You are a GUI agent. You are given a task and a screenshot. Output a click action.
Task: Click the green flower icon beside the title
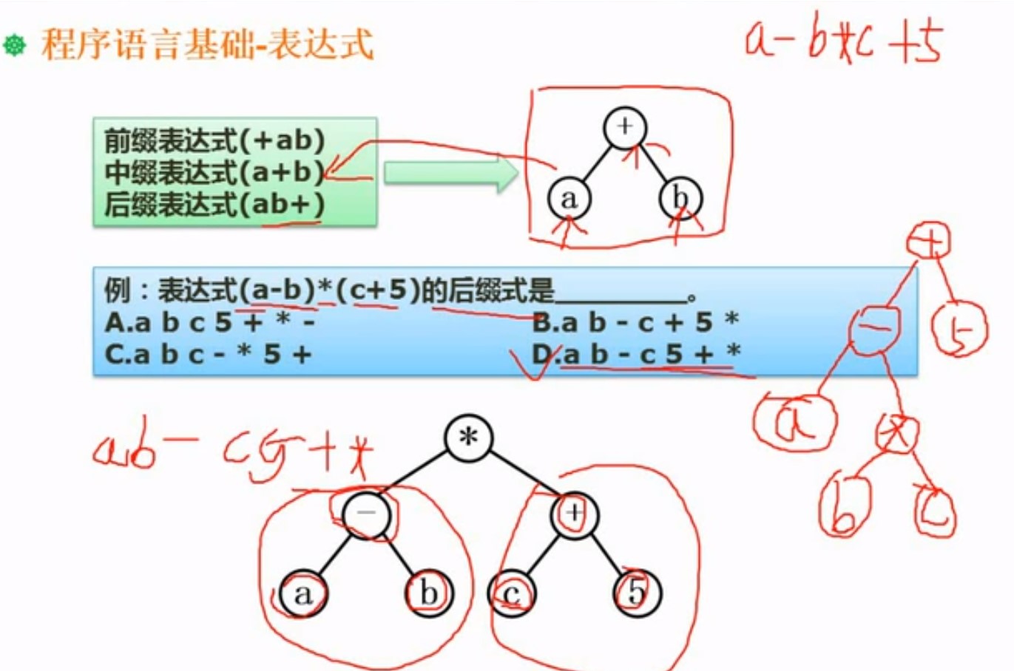pyautogui.click(x=15, y=45)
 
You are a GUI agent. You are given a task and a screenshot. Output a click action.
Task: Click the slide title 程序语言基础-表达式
pyautogui.click(x=207, y=44)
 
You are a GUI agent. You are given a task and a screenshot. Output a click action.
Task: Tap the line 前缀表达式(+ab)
pyautogui.click(x=214, y=140)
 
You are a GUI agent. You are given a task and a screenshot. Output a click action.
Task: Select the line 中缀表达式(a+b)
pyautogui.click(x=214, y=172)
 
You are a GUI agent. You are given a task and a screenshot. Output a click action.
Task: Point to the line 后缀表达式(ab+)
pyautogui.click(x=214, y=204)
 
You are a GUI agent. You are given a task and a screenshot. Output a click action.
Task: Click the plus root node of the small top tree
pyautogui.click(x=625, y=127)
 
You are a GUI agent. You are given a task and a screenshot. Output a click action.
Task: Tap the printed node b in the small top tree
pyautogui.click(x=680, y=198)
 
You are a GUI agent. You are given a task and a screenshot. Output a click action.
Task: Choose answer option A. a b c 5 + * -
pyautogui.click(x=211, y=322)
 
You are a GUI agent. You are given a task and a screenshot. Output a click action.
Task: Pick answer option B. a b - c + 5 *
pyautogui.click(x=636, y=322)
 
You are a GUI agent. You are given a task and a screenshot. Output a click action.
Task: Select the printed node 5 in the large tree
pyautogui.click(x=637, y=593)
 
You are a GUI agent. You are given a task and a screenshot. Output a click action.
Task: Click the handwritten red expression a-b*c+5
pyautogui.click(x=843, y=41)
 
